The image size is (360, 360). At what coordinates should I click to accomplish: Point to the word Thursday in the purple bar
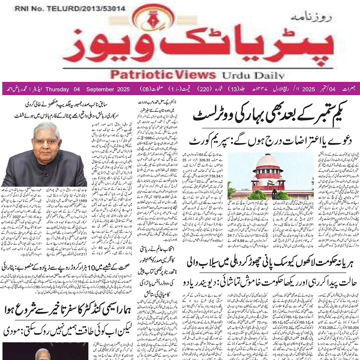[x=57, y=89]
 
